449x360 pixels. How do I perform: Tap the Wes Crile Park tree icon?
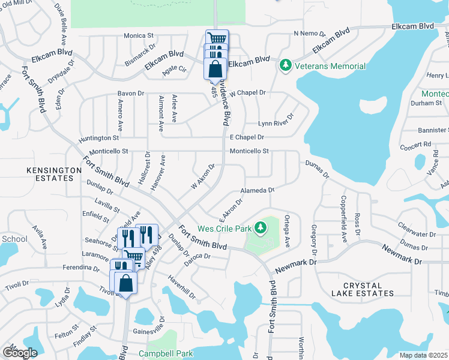pos(260,227)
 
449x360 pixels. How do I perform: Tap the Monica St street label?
pos(139,36)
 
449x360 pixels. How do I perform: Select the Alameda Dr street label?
pos(257,191)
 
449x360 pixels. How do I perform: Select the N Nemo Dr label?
pos(309,34)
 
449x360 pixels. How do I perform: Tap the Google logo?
pos(20,353)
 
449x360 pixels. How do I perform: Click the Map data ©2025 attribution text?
pos(423,355)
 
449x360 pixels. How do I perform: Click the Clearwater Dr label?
pos(416,234)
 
